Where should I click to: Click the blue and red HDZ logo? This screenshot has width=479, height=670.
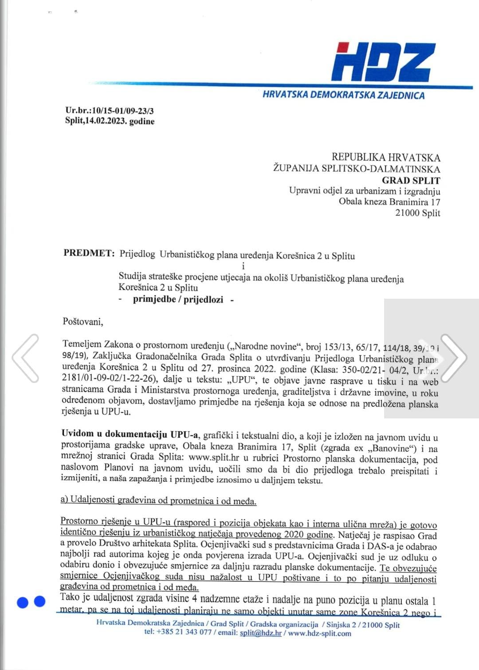click(x=383, y=62)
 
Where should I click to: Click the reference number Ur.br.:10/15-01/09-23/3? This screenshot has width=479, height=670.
click(x=110, y=111)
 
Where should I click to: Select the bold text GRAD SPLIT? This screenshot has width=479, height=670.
click(x=411, y=181)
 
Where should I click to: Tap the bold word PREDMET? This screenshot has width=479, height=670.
click(x=89, y=253)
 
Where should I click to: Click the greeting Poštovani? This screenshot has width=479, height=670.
click(x=83, y=322)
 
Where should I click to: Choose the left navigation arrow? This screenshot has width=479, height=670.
click(x=26, y=358)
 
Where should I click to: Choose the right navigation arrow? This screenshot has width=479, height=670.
click(x=453, y=358)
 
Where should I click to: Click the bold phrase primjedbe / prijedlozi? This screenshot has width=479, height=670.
click(x=178, y=300)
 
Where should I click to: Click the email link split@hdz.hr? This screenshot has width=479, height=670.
click(x=260, y=633)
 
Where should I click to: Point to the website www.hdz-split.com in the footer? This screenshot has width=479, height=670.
click(x=319, y=633)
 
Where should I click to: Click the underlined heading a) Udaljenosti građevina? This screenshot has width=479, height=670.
click(x=158, y=501)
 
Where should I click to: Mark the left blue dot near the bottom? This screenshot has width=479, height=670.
click(x=23, y=602)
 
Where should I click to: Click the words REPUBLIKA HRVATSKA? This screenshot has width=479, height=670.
click(x=386, y=158)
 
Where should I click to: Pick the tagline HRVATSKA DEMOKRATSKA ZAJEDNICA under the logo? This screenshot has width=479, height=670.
click(x=343, y=95)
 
